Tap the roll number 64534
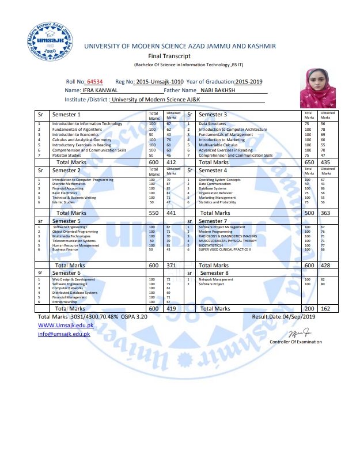[95, 82]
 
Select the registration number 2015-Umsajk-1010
[164, 82]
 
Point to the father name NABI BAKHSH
[218, 90]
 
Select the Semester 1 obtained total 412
[171, 162]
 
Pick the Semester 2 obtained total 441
[171, 213]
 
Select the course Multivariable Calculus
[219, 145]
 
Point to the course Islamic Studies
[63, 202]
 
